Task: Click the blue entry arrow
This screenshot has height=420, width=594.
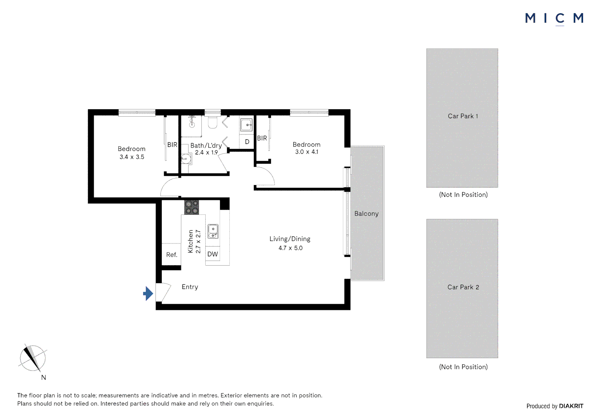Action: tap(148, 294)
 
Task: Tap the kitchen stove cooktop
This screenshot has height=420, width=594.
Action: tap(191, 207)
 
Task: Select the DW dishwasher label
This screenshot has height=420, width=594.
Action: tap(213, 254)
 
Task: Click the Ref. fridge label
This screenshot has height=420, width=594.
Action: tap(171, 255)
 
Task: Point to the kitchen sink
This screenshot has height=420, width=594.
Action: tap(213, 231)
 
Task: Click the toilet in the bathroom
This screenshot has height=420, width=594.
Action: tap(212, 122)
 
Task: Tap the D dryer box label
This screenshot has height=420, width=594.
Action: tap(247, 142)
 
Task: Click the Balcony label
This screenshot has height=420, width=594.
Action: tap(366, 213)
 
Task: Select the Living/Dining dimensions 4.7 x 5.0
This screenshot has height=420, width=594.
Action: tap(290, 248)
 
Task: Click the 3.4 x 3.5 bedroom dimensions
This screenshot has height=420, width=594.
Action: tap(132, 157)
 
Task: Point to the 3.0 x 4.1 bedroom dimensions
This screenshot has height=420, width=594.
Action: tap(307, 152)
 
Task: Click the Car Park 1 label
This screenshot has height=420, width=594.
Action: tap(463, 116)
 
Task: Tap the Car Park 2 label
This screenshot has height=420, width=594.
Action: tap(463, 287)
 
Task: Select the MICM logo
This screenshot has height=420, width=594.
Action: tap(554, 18)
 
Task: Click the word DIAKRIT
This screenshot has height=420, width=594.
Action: tap(571, 406)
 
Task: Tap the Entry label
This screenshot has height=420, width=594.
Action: tap(190, 287)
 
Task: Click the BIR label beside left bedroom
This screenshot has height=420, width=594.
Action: tap(172, 145)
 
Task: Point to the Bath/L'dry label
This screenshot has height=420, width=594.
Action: tap(206, 145)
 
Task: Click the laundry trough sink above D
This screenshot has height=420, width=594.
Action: tap(246, 125)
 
